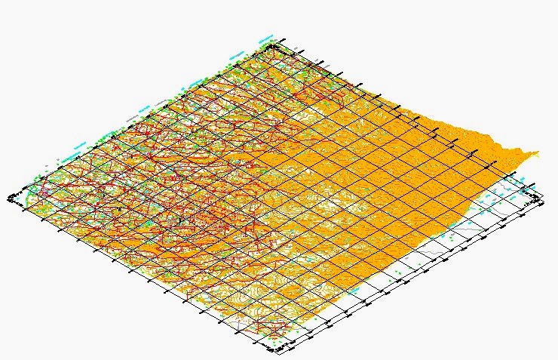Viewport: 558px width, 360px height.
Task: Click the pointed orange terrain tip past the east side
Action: [538, 153]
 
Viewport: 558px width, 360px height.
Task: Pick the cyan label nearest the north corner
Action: [265, 35]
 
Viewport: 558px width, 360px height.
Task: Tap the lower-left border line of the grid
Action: [143, 276]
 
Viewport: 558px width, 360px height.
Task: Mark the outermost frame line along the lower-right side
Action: [411, 276]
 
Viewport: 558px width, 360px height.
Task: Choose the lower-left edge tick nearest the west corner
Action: [26, 211]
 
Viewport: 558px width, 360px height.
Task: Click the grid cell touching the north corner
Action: [278, 54]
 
